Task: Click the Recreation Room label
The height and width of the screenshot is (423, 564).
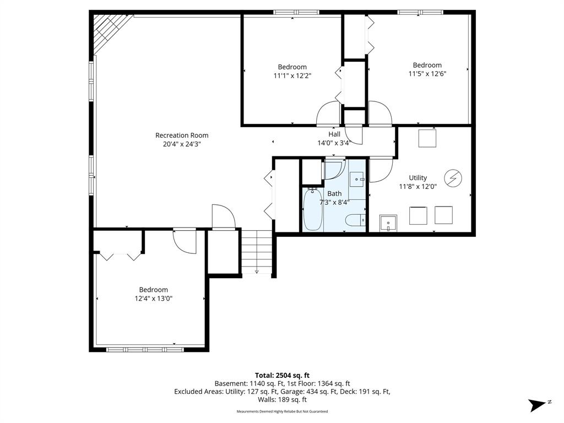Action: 182,135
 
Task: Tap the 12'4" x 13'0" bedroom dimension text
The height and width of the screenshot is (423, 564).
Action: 154,299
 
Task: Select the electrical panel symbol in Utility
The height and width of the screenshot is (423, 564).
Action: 453,178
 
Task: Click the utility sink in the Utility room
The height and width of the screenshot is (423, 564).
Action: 388,224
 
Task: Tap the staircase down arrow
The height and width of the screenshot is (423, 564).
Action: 257,271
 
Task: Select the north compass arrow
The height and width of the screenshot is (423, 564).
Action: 538,405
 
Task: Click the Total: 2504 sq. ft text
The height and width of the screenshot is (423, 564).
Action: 282,376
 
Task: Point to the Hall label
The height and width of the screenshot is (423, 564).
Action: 334,134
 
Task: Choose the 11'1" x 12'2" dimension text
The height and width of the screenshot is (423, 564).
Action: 292,76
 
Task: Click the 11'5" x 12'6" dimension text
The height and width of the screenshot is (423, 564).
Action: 427,74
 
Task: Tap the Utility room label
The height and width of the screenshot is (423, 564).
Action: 417,178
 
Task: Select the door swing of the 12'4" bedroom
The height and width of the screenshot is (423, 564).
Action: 185,241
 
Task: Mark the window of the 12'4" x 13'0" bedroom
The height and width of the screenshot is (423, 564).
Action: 145,349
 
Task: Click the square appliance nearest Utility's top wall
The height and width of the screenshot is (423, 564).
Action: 427,138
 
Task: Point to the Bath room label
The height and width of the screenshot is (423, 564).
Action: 334,193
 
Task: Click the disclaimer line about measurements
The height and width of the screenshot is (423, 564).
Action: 282,411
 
